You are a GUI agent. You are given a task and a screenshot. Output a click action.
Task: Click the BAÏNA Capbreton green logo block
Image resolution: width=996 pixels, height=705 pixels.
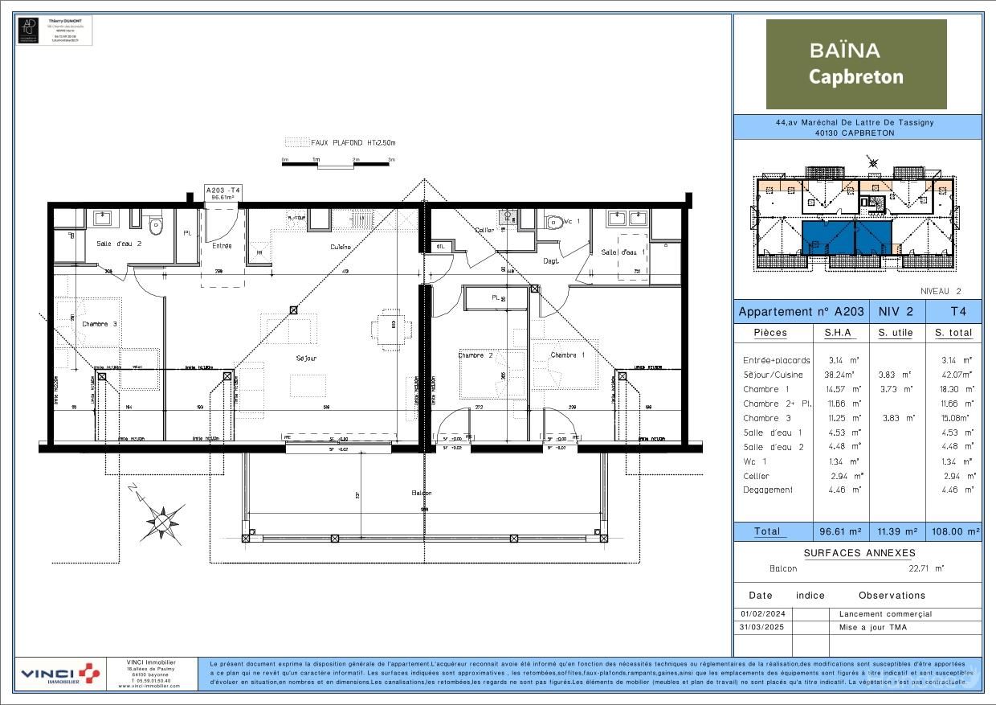856,64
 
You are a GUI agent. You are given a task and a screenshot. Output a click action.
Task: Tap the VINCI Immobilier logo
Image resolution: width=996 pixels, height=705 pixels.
61,674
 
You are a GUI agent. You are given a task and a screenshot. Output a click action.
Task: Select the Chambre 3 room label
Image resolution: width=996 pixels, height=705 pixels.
100,324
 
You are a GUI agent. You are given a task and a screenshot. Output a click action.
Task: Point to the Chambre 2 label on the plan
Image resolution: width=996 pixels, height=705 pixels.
476,355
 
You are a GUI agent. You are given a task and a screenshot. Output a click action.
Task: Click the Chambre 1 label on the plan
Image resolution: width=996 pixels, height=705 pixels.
568,355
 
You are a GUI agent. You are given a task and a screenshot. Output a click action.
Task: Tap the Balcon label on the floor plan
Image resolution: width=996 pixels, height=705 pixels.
422,493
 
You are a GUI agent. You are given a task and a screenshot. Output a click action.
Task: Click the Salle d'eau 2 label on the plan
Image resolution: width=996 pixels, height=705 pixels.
119,243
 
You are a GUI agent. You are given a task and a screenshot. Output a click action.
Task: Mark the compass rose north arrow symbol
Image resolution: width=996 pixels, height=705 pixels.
163,521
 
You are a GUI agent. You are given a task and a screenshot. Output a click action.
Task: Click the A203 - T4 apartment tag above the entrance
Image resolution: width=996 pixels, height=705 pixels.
223,193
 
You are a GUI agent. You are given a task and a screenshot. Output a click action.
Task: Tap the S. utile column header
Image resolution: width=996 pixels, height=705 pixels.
896,333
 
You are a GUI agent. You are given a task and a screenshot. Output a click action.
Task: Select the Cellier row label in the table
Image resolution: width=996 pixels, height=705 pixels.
756,476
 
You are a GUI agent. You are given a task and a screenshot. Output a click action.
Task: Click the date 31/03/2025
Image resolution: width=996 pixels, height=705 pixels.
762,627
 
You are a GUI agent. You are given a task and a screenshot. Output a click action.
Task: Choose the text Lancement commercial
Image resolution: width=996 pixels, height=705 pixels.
885,614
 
